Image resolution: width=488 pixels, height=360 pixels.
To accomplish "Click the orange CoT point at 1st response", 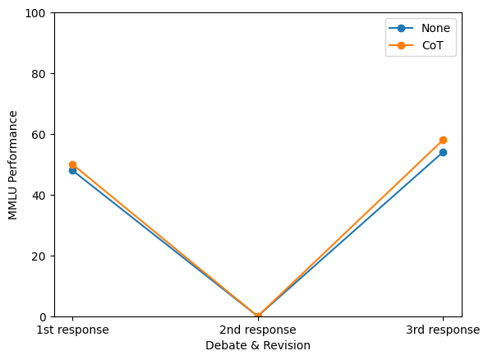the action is (x=72, y=164).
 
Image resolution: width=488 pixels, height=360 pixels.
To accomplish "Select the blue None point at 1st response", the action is (x=72, y=171).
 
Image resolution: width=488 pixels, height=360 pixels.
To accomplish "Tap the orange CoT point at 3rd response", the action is (x=443, y=141).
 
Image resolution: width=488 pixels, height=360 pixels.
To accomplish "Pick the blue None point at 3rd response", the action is (x=443, y=152).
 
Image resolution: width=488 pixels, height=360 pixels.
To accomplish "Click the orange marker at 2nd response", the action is (x=258, y=316).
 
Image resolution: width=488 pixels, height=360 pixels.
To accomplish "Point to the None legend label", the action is (x=435, y=28).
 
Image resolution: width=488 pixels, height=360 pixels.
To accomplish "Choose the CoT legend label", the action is (x=432, y=45).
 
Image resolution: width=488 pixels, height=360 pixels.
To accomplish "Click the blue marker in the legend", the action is (x=401, y=28).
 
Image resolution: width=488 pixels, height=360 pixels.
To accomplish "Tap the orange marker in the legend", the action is (x=401, y=45).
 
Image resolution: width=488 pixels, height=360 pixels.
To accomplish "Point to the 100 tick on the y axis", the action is (x=35, y=13).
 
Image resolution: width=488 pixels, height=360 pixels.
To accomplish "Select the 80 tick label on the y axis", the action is (x=39, y=74).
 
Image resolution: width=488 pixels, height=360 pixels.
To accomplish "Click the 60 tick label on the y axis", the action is (x=39, y=135).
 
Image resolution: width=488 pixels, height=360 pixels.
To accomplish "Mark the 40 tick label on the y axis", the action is (x=39, y=196).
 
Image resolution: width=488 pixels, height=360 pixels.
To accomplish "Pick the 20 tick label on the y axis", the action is (x=39, y=256).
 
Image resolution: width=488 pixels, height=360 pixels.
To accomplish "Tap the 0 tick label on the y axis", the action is (x=43, y=317).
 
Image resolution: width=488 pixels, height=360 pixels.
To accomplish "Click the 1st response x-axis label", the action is (x=72, y=330).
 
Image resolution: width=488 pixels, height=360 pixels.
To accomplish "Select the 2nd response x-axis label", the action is (x=258, y=330).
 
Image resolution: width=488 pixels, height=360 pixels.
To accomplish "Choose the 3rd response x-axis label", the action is (x=443, y=330).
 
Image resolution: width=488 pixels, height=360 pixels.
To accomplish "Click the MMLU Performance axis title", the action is (x=12, y=165).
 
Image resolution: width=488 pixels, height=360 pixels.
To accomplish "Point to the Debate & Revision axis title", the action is (x=258, y=346).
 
